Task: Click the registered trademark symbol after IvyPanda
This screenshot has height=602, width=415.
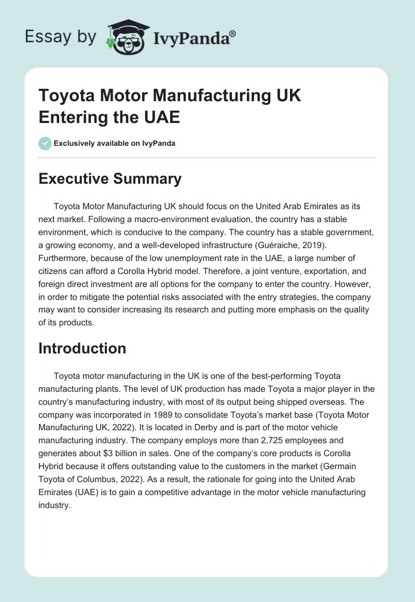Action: point(233,34)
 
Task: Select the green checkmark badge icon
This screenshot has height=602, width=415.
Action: point(45,143)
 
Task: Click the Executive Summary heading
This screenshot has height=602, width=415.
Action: point(110,179)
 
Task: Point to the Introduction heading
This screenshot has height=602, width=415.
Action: point(82,348)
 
